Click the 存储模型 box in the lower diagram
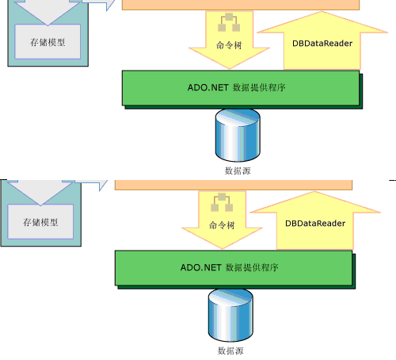(40, 221)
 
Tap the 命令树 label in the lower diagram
(222, 225)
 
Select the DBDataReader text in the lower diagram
(315, 224)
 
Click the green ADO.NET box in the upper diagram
(241, 88)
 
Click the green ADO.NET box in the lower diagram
(234, 268)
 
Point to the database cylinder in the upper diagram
(238, 136)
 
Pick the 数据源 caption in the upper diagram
(238, 170)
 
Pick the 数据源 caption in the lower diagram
(230, 350)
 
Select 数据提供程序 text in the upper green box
(259, 88)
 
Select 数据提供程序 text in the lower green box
(252, 268)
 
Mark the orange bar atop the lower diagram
(234, 185)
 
